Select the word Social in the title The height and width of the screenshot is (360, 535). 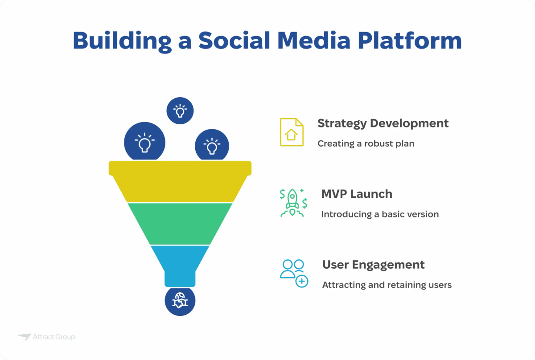coord(234,41)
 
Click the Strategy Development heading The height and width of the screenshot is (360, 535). coord(383,123)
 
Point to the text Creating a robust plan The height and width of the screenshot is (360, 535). coord(366,143)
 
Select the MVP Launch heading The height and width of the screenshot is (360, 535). coord(357,194)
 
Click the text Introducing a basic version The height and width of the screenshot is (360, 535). coord(380,214)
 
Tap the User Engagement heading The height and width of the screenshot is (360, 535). coord(373,265)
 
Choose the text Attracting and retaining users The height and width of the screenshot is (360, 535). coord(387,285)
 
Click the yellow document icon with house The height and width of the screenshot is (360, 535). coord(292,132)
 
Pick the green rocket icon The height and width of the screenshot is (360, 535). coord(292,203)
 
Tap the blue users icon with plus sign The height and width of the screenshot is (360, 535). coord(294,273)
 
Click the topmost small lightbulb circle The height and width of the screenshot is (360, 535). coord(180,110)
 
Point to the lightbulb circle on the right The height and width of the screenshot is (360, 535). coord(212,145)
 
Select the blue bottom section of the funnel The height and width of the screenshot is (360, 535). coord(180,263)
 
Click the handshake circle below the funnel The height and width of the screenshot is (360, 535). coord(180,302)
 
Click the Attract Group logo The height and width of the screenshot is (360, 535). coord(46,337)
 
